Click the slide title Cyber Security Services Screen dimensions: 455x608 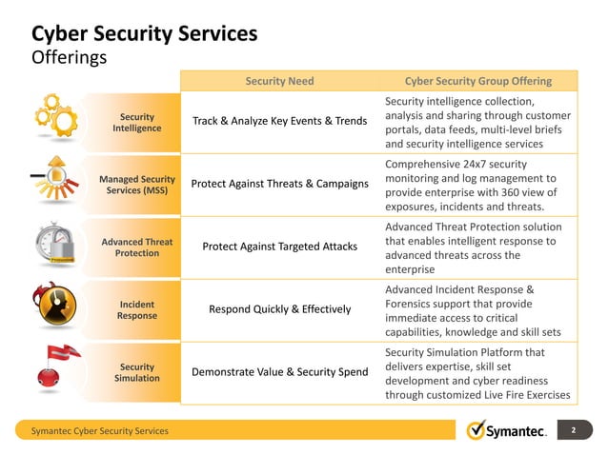(145, 33)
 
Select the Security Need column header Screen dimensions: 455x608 (279, 81)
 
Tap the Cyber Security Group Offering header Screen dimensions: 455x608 (477, 81)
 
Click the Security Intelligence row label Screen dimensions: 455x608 (137, 122)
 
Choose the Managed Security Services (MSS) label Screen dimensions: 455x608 (137, 185)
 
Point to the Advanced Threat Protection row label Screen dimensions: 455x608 (137, 247)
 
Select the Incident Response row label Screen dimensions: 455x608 (137, 309)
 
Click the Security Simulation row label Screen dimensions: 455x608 (137, 372)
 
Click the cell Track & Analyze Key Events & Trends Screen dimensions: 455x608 (279, 121)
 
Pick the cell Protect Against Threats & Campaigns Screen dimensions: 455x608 (279, 184)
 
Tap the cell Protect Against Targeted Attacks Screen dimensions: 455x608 (279, 247)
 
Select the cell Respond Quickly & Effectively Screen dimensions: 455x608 (279, 309)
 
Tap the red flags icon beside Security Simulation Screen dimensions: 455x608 (54, 367)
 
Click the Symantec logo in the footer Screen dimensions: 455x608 (506, 431)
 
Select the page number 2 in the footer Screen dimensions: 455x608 (574, 430)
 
